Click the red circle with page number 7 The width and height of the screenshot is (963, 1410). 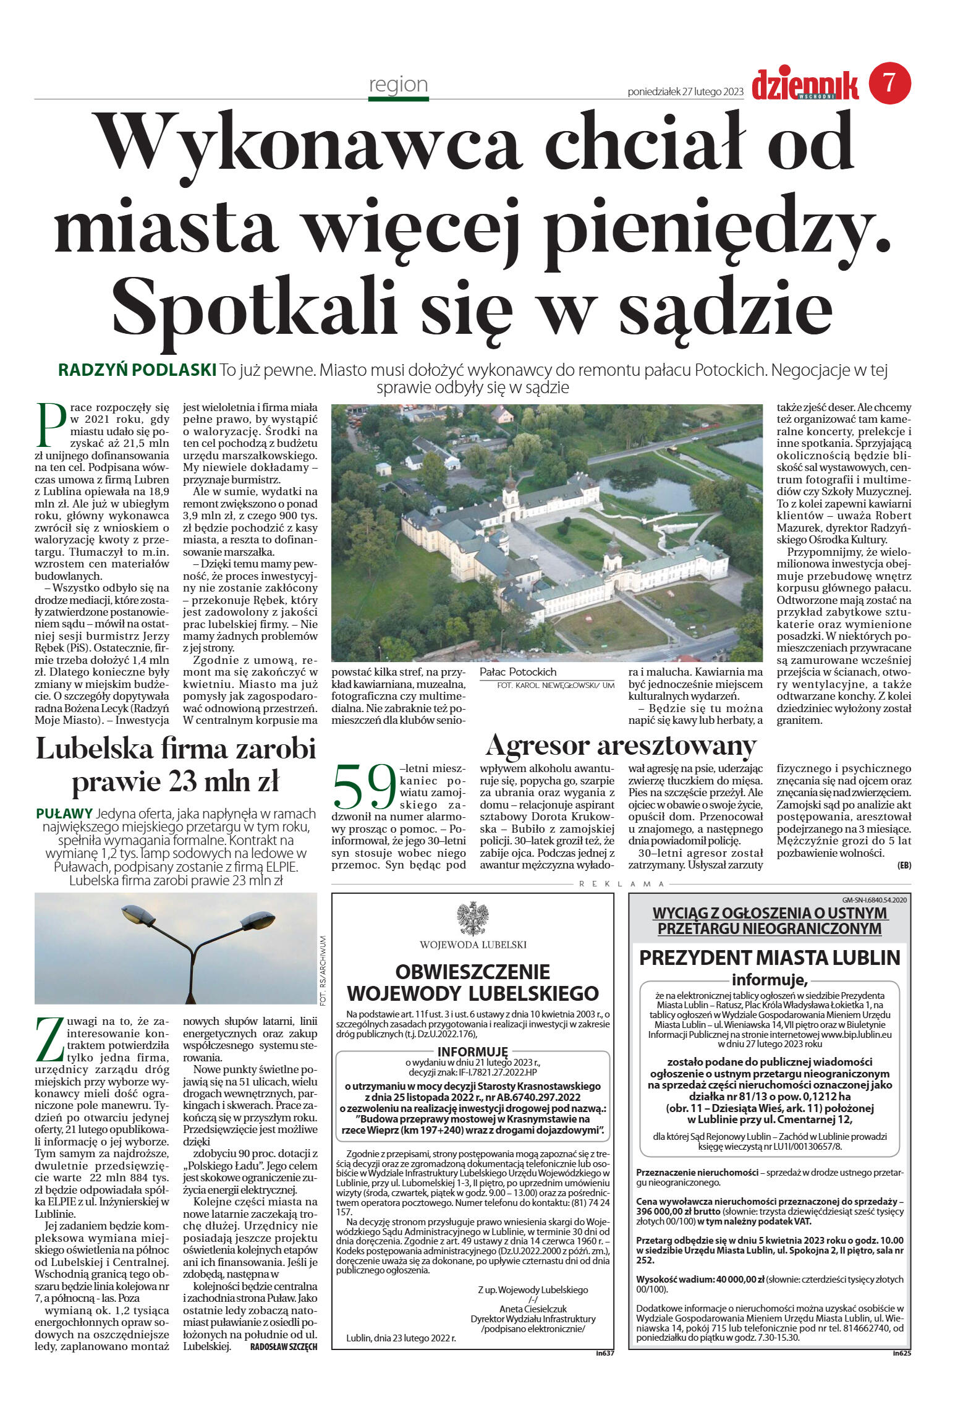coord(889,83)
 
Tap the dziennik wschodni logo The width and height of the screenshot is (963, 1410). coord(805,86)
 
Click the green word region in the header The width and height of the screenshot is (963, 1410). coord(398,84)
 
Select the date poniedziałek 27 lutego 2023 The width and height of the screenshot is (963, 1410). coord(685,92)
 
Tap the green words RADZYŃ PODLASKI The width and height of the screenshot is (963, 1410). coord(137,370)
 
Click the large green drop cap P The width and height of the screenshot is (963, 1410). coord(50,425)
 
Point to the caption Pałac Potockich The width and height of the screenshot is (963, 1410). coord(518,672)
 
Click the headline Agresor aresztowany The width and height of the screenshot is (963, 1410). coord(621,745)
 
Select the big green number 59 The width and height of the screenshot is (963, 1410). coord(364,788)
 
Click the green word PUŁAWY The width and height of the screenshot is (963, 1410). coord(64,813)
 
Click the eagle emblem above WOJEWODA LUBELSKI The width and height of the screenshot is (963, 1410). coord(472,919)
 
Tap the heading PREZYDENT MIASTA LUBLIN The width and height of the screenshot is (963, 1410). coord(769,958)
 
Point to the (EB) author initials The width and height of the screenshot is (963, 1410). coord(904,865)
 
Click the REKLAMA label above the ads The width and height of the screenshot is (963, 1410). coord(621,884)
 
